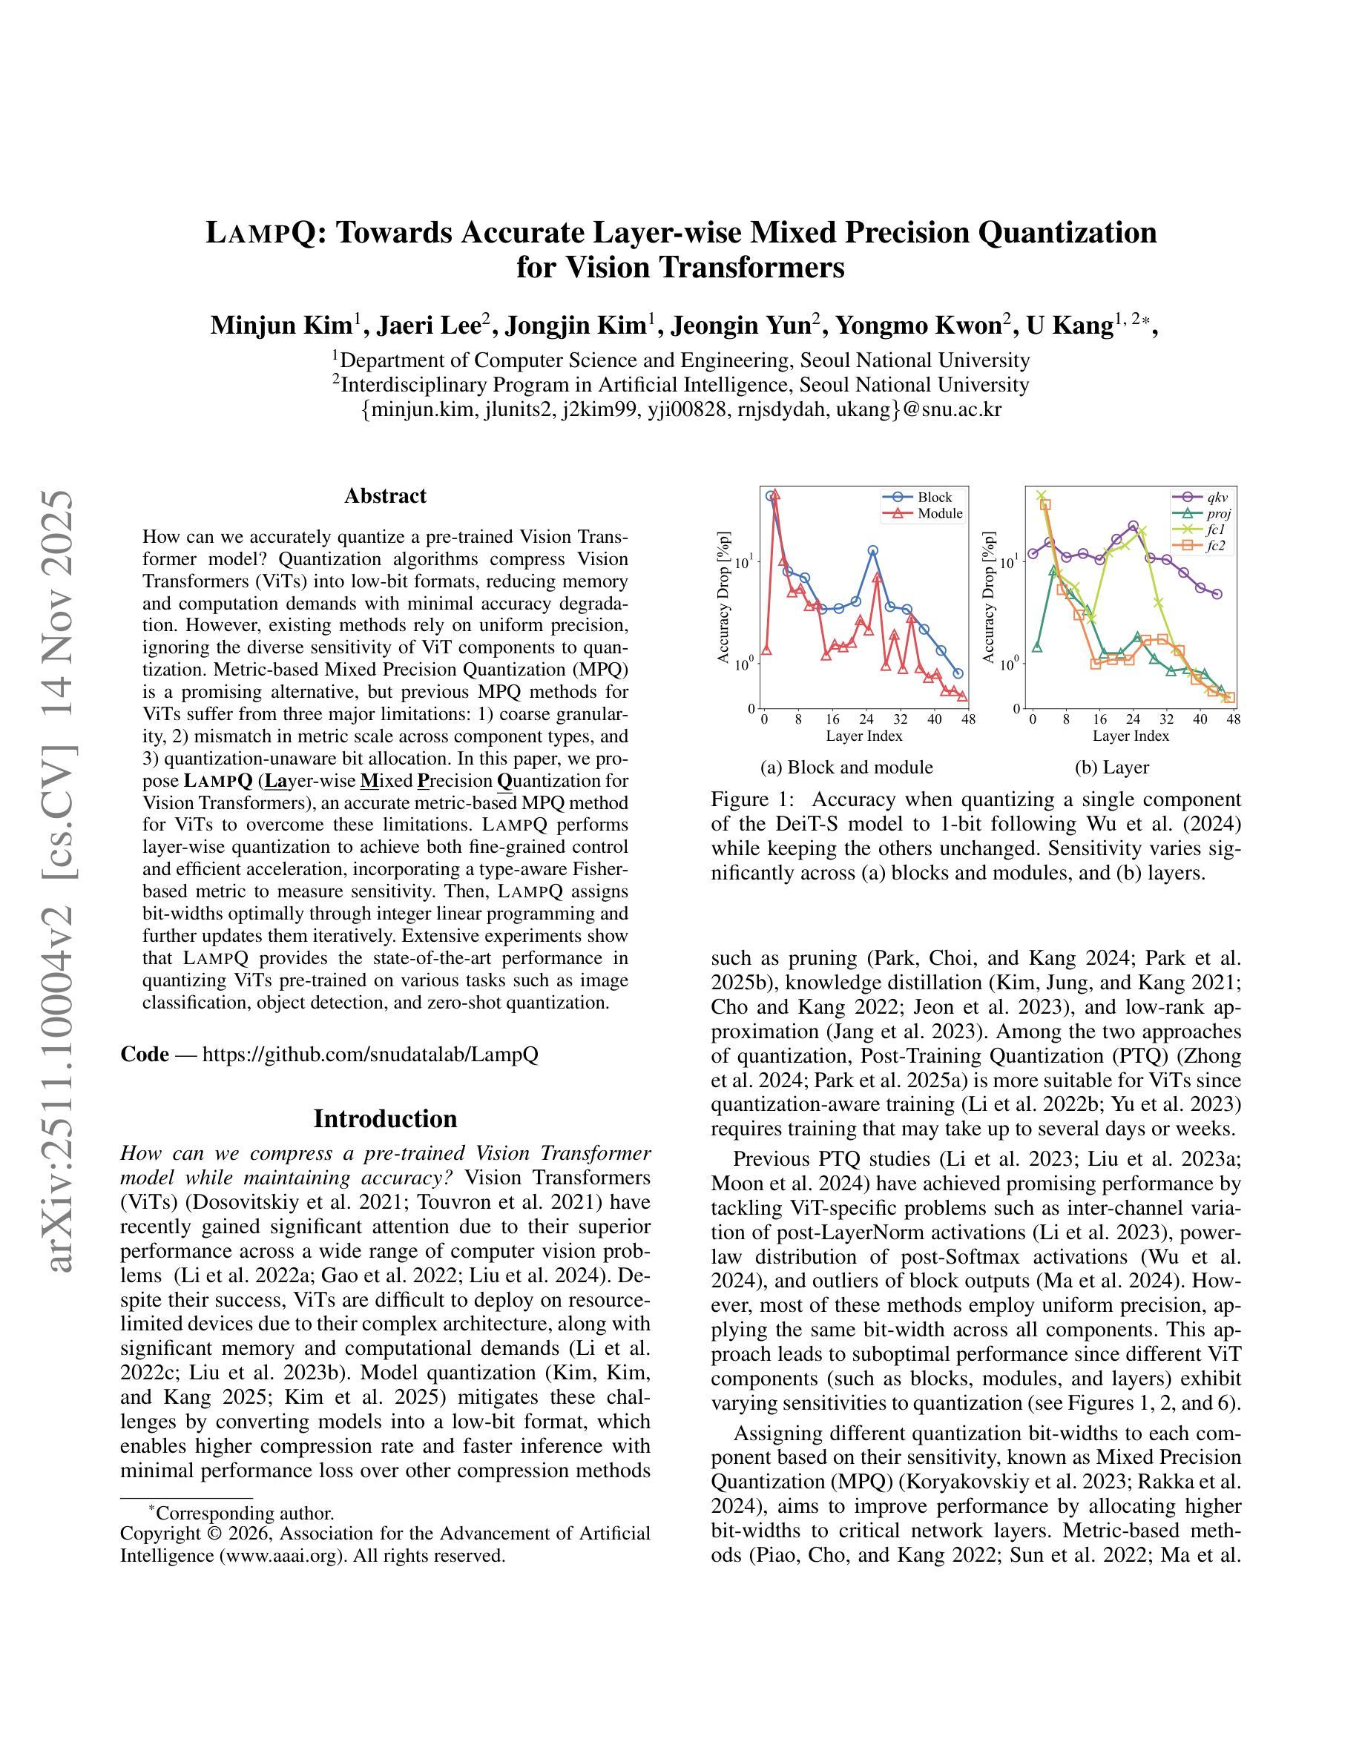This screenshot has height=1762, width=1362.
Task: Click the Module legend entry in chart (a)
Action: (939, 513)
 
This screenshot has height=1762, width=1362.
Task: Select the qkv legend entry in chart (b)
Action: (1217, 497)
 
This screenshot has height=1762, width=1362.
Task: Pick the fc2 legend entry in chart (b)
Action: (1216, 547)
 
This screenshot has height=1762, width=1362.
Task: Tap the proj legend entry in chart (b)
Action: (1218, 513)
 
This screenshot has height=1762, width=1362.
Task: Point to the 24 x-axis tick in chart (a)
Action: (866, 719)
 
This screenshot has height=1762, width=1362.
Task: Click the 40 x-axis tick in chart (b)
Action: (1199, 719)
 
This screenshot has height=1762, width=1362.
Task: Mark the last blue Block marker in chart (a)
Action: (958, 673)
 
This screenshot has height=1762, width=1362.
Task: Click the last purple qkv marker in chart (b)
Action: (1217, 594)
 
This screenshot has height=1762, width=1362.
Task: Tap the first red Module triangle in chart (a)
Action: (766, 650)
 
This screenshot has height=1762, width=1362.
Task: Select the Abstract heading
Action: (385, 495)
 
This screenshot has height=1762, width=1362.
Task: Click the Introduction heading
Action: (385, 1118)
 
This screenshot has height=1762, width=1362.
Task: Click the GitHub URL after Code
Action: (369, 1054)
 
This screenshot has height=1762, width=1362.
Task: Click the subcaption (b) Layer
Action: (1111, 767)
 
